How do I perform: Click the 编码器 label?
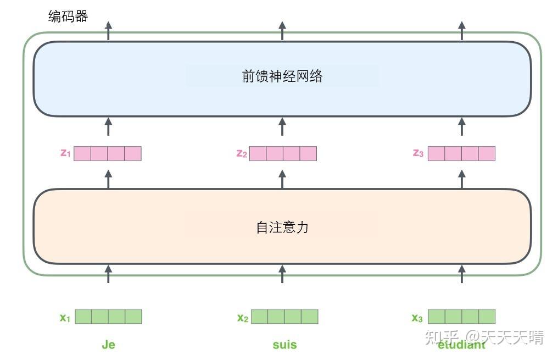pos(68,16)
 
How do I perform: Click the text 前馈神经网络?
pos(282,76)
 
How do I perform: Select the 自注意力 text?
pos(282,227)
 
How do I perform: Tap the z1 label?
pos(65,153)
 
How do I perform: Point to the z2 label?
pos(241,153)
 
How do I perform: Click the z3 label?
pos(418,153)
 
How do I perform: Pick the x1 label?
pos(65,317)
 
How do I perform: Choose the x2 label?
pos(242,317)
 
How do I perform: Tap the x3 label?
pos(417,317)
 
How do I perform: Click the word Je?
pos(108,345)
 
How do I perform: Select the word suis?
pos(284,345)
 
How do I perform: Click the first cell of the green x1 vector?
pos(83,317)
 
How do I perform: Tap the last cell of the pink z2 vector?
pos(308,153)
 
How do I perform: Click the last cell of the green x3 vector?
pos(487,317)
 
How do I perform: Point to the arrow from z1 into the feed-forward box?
pos(108,126)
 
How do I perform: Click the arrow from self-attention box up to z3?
pos(461,179)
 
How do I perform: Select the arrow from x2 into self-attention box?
pos(282,274)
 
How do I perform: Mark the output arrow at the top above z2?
pos(282,31)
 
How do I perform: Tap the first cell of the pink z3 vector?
pos(437,153)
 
